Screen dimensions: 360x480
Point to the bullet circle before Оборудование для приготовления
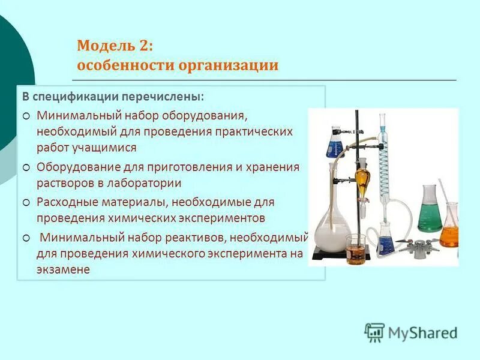[26, 167]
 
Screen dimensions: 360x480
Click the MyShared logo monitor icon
[375, 332]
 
